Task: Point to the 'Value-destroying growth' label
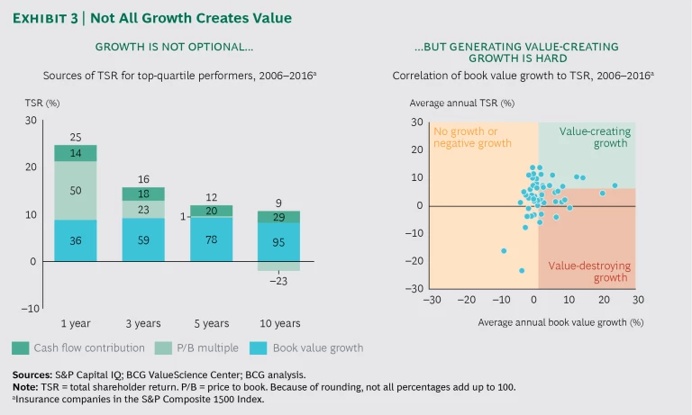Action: pyautogui.click(x=589, y=272)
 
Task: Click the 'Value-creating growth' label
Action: pyautogui.click(x=595, y=137)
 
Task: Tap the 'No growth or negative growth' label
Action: pyautogui.click(x=472, y=137)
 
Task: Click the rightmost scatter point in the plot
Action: pyautogui.click(x=615, y=185)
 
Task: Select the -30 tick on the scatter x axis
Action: pyautogui.click(x=432, y=299)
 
